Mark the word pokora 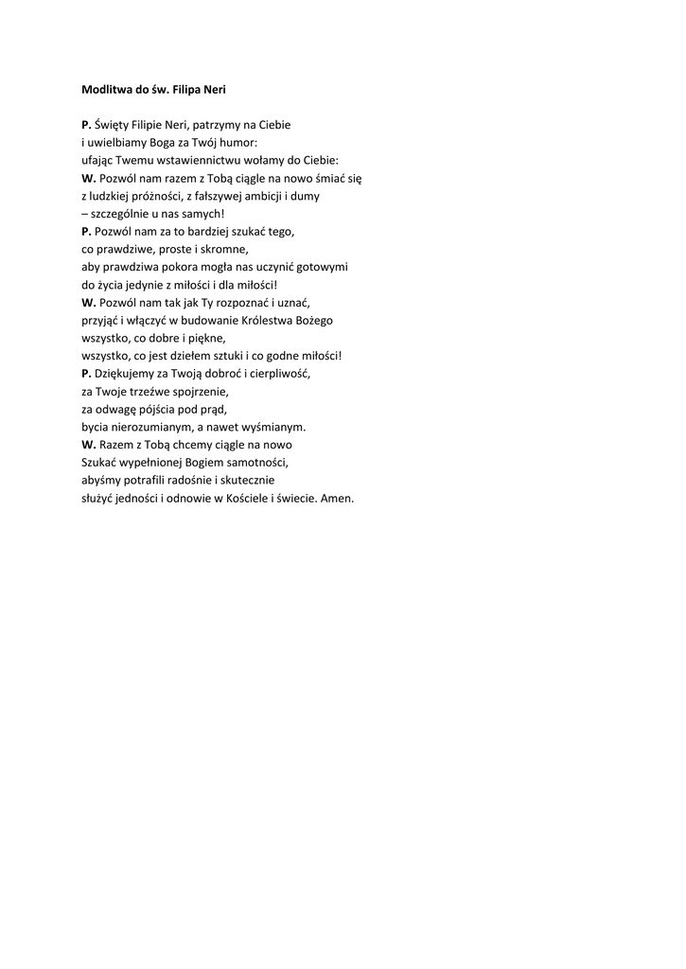(196, 268)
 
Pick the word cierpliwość (275, 375)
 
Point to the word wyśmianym (275, 428)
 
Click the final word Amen (338, 500)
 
